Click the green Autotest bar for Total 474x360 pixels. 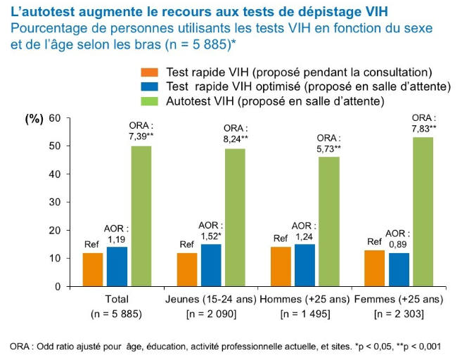pos(141,216)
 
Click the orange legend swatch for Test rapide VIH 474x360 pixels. pos(150,72)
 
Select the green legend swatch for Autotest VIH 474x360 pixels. pos(150,101)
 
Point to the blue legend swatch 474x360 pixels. pos(150,86)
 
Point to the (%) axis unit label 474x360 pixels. pos(34,118)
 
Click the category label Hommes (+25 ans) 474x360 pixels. pos(303,300)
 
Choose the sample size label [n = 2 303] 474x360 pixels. pos(398,314)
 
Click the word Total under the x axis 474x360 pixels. pos(116,300)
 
